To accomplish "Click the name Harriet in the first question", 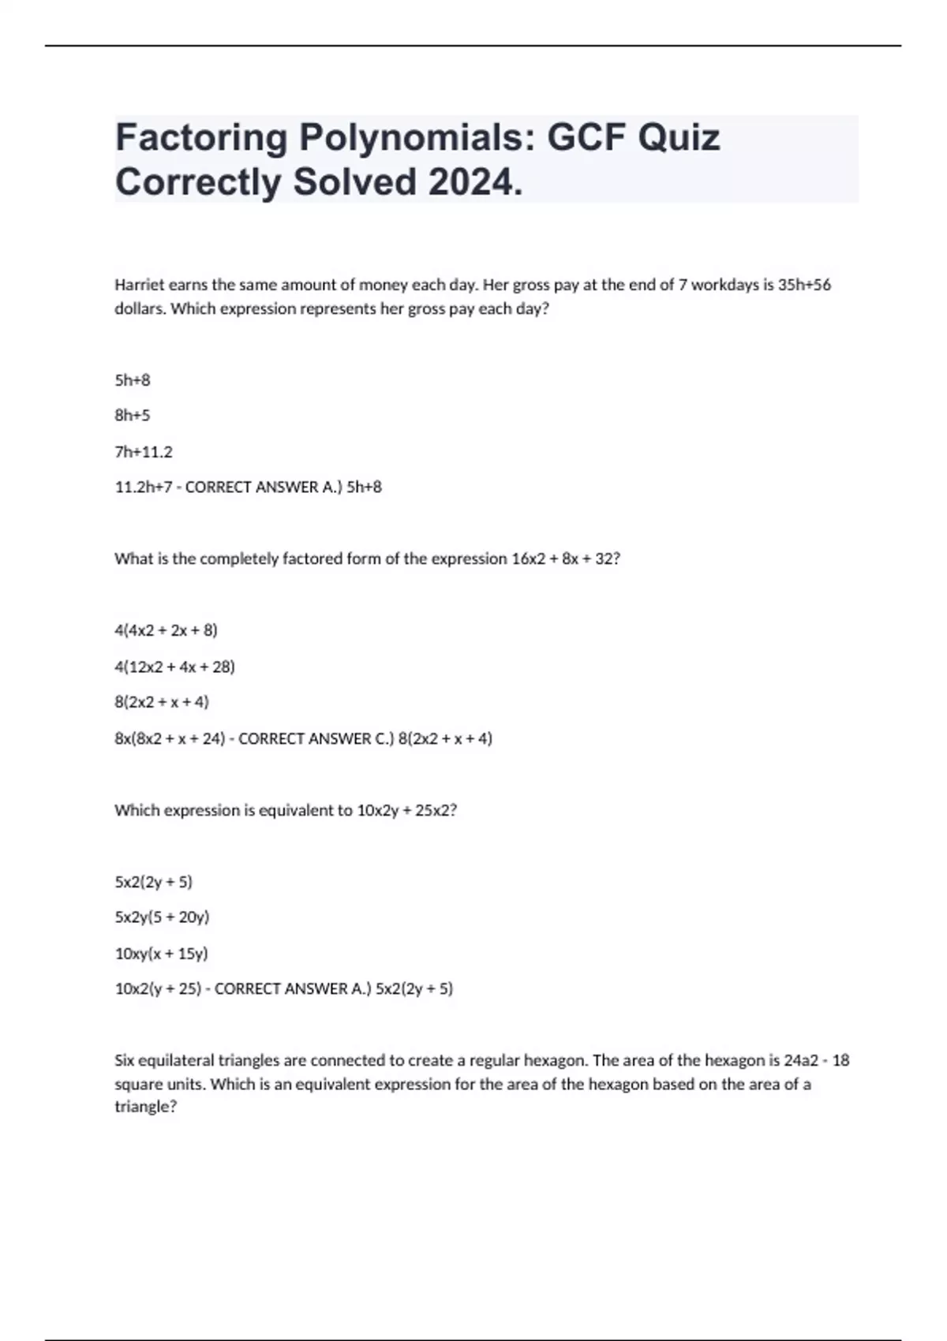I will click(x=140, y=285).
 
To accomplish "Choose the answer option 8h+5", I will click(x=133, y=415).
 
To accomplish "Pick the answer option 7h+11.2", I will click(x=144, y=452).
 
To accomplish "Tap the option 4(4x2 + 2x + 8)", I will click(x=166, y=630).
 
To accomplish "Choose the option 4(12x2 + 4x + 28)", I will click(x=174, y=667).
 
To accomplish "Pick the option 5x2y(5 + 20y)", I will click(x=162, y=917).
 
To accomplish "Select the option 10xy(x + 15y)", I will click(x=161, y=953).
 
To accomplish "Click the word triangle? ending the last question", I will click(x=146, y=1107).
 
